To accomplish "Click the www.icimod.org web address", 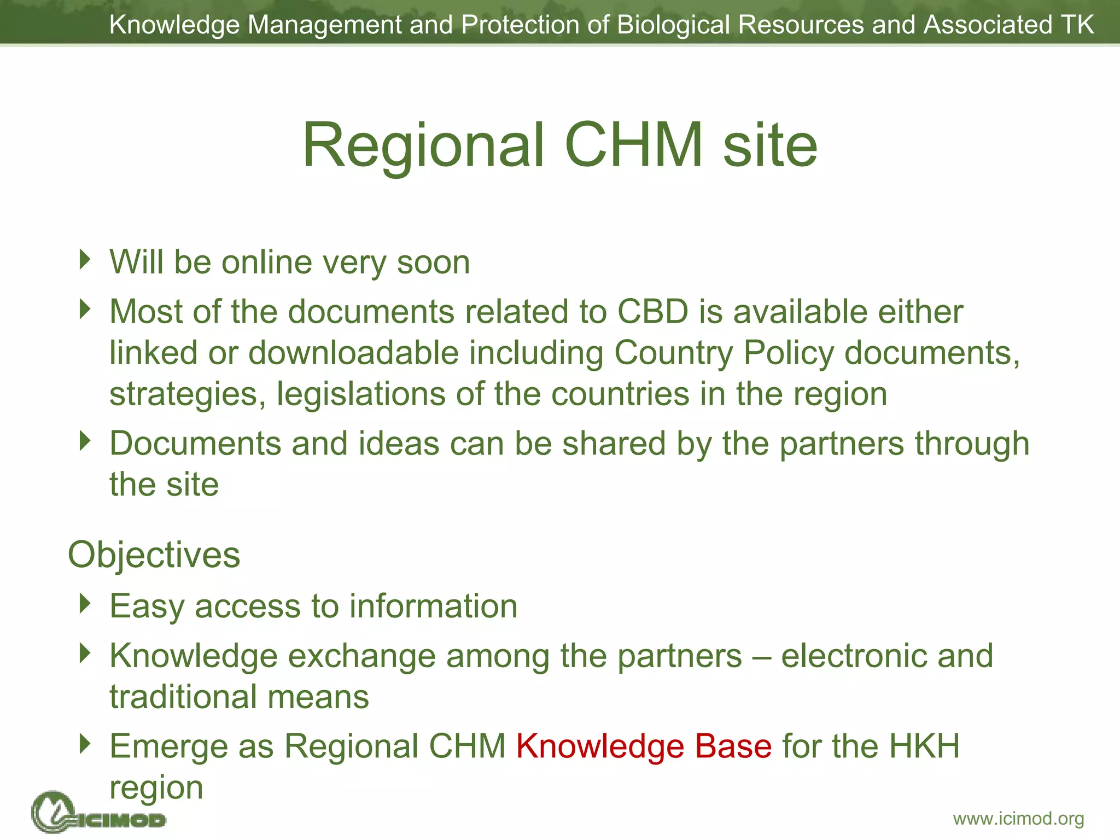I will point(1018,819).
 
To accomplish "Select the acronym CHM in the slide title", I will point(633,145).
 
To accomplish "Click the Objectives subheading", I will point(154,555).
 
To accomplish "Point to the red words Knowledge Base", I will point(644,746).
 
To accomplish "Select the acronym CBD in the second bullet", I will point(652,312).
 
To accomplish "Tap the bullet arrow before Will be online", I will point(84,259).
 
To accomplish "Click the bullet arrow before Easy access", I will point(84,603).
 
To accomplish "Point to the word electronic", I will point(854,656).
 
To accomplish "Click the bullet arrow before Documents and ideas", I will point(84,440).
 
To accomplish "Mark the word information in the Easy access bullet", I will point(433,606).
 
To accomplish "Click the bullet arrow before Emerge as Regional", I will point(84,743).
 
